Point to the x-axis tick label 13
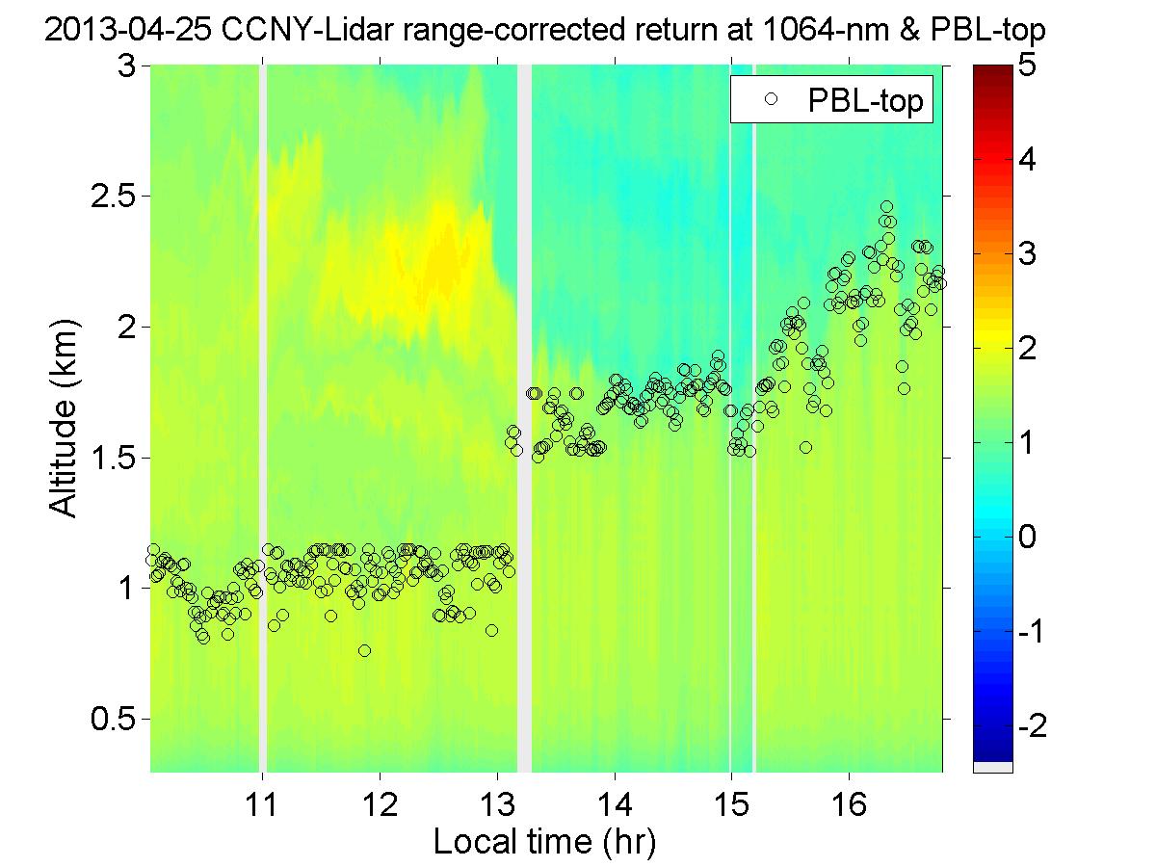496,802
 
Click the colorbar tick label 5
1028,66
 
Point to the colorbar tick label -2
1023,724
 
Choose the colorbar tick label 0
1028,537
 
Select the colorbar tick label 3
1028,254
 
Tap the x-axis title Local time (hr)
544,842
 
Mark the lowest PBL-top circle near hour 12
364,650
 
